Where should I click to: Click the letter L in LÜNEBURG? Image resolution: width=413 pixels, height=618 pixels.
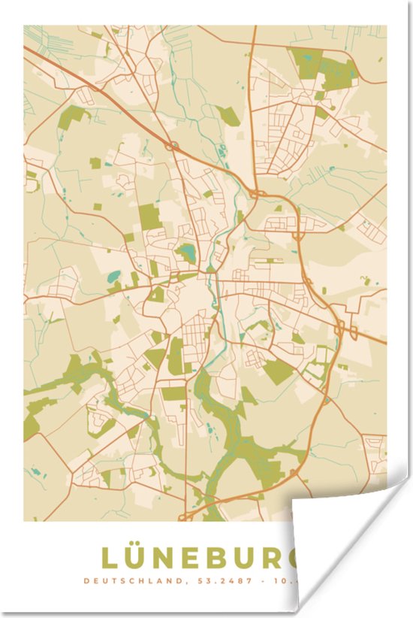(110, 558)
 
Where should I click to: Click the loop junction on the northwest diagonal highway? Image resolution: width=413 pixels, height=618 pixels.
(173, 144)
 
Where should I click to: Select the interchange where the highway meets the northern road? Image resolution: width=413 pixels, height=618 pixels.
(258, 193)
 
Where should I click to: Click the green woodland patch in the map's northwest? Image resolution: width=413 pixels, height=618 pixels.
(73, 117)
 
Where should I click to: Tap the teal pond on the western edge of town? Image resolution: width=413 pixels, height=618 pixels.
(113, 277)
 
